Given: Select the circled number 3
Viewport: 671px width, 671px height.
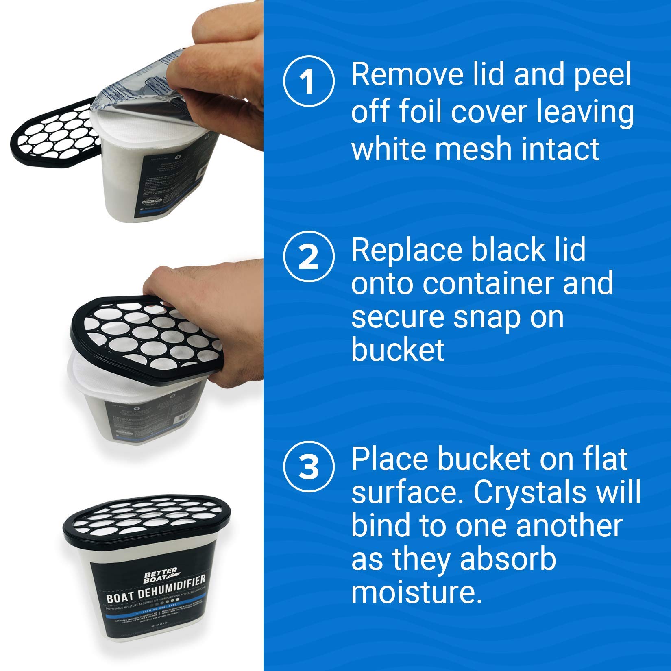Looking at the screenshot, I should point(309,466).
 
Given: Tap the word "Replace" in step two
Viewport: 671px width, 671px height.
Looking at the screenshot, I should point(407,251).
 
